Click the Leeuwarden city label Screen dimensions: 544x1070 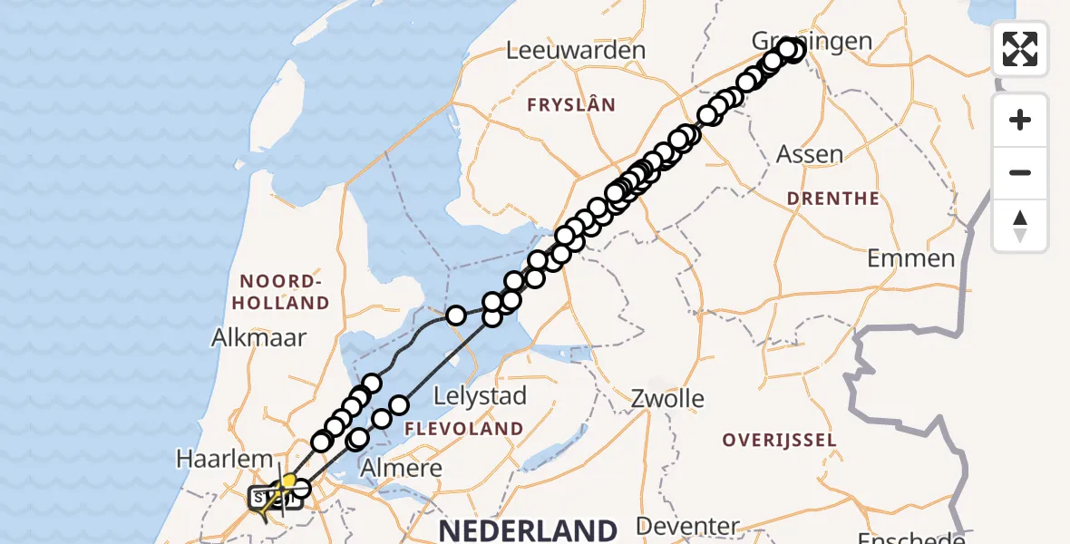(x=576, y=51)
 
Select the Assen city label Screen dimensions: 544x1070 (x=810, y=154)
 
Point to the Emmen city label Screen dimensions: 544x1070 (x=910, y=258)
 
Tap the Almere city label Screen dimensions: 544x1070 (x=401, y=469)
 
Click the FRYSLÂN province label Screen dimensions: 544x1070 (x=571, y=105)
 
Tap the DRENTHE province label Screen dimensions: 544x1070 (x=832, y=199)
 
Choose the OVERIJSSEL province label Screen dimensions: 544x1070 (x=779, y=441)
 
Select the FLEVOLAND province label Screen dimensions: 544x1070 (x=463, y=428)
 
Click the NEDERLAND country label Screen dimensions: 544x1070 (x=529, y=529)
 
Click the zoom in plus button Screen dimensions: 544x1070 (x=1020, y=120)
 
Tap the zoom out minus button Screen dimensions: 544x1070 (x=1020, y=172)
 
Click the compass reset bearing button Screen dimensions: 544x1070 (x=1020, y=225)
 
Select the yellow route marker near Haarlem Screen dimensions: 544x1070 (x=289, y=481)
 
